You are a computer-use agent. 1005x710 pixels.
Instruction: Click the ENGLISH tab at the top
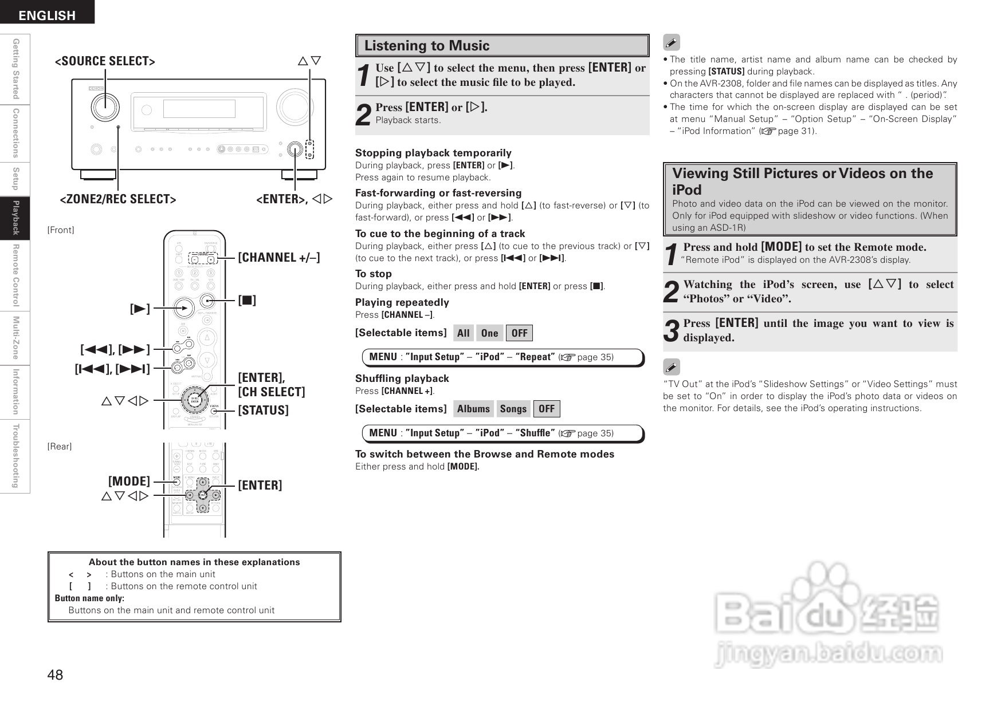tap(47, 15)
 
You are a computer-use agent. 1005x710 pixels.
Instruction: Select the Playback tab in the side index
tap(16, 218)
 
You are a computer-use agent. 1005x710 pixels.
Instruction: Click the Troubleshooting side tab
tap(16, 456)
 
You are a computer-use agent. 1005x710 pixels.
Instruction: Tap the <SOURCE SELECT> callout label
tap(105, 61)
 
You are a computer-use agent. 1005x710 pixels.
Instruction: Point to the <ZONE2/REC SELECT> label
tap(118, 199)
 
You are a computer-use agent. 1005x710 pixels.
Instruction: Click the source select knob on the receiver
tap(105, 106)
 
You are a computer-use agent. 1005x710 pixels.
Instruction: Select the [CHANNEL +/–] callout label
tap(279, 257)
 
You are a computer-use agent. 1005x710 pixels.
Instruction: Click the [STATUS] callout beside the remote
tap(264, 410)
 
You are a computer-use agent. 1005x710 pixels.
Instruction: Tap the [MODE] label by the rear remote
tap(129, 481)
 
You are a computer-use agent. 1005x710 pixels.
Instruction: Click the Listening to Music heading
tap(427, 46)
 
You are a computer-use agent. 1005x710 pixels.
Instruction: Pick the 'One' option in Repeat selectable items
tap(489, 333)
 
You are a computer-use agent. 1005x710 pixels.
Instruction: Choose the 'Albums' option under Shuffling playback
tap(473, 409)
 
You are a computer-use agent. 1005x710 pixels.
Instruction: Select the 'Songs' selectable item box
tap(513, 409)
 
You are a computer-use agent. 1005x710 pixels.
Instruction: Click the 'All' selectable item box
tap(463, 333)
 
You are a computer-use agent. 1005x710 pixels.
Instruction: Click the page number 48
tap(56, 674)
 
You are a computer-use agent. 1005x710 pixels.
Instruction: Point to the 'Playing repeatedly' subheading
tap(402, 302)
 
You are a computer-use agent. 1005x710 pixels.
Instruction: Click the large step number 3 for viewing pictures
tap(672, 331)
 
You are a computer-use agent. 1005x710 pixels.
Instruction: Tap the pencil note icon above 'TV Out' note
tap(671, 367)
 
